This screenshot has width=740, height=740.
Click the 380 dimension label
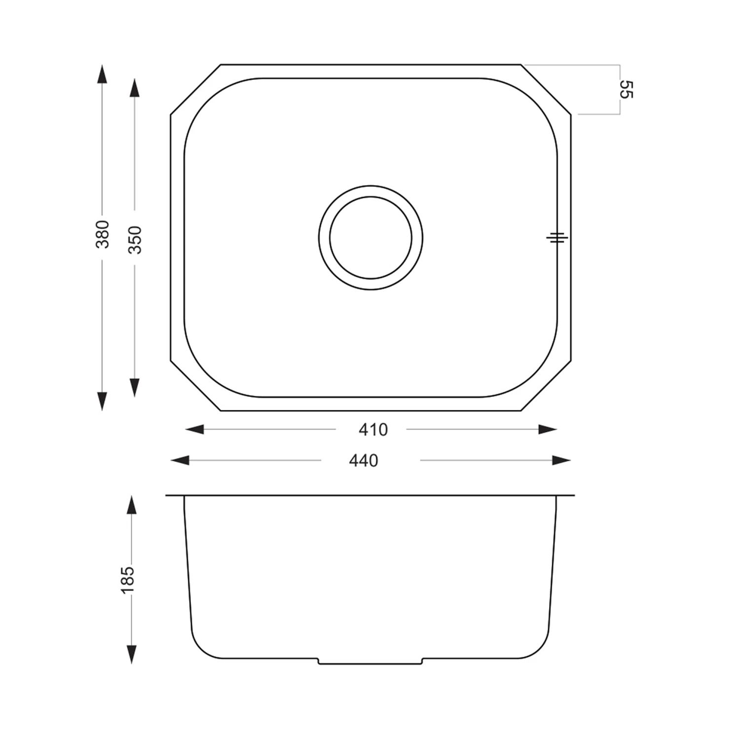[102, 234]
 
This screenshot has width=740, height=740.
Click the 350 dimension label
[135, 240]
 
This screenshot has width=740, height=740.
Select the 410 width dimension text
[373, 430]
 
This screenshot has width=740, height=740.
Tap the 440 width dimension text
[364, 461]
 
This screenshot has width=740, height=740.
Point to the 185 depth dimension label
[128, 580]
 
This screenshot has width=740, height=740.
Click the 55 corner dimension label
[626, 89]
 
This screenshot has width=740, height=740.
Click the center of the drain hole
[370, 238]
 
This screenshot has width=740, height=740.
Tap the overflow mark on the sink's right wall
[557, 238]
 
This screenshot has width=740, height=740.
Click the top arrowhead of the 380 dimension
[102, 74]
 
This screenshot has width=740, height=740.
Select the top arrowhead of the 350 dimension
[134, 87]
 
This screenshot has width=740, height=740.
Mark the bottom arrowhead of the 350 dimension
[134, 388]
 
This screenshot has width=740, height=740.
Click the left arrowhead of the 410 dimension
[194, 430]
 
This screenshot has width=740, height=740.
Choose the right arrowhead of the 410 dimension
[548, 430]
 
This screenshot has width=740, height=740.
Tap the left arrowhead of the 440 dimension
[180, 461]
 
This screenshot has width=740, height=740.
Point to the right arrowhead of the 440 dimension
[561, 461]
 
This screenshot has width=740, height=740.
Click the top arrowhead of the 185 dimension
[131, 506]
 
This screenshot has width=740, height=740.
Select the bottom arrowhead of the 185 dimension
[131, 654]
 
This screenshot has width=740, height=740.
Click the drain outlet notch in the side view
[370, 662]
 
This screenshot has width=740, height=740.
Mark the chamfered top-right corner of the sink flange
[546, 89]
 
